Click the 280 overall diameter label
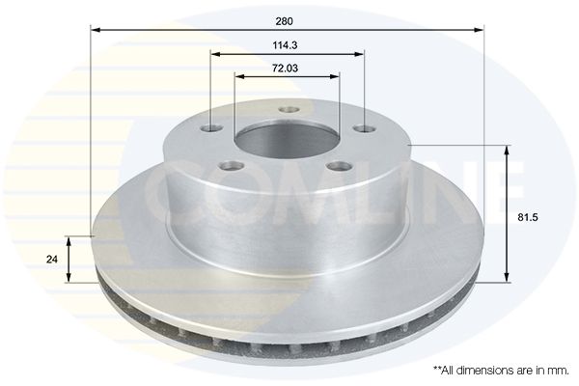(284, 21)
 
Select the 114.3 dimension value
(285, 45)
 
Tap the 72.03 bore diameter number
(285, 69)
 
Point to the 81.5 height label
(528, 217)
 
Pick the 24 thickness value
(52, 260)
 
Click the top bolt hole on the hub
(289, 110)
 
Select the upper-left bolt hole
(211, 129)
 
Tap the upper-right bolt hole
(365, 129)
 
